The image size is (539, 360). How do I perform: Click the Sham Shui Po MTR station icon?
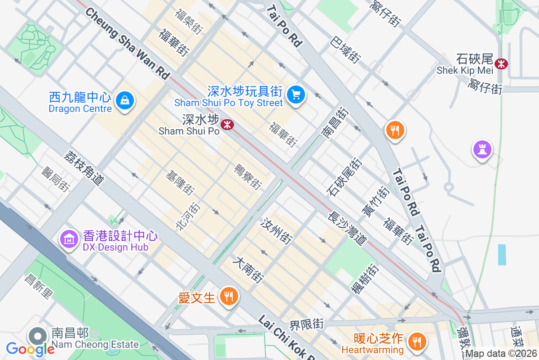[x=228, y=124]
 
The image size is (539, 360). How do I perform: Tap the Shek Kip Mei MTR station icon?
[x=501, y=63]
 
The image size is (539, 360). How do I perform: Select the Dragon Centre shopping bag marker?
[x=124, y=100]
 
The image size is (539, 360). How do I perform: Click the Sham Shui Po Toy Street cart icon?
[x=296, y=94]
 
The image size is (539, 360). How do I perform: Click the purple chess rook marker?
[x=482, y=149]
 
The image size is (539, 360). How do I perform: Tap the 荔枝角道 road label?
[x=84, y=168]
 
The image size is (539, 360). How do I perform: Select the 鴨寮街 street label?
[x=248, y=176]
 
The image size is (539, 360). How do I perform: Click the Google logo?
[x=30, y=348]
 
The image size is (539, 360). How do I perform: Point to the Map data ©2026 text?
[x=501, y=354]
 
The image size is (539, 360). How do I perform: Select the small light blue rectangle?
[x=502, y=255]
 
